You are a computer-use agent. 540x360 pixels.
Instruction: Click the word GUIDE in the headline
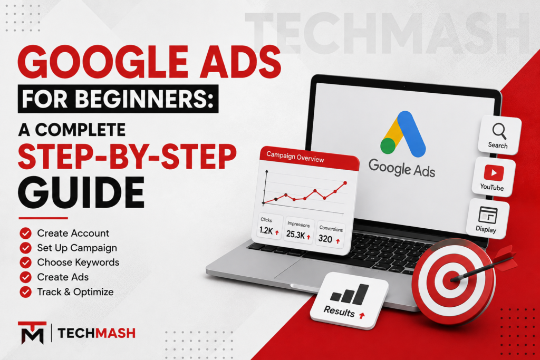81,193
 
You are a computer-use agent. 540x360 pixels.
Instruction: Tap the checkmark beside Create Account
25,233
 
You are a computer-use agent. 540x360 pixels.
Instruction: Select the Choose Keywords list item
78,262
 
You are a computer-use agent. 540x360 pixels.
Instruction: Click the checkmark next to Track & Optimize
25,292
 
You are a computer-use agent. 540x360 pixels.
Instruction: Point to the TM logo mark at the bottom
32,333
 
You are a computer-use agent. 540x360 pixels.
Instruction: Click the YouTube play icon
494,173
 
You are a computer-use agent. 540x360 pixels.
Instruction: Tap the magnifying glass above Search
499,131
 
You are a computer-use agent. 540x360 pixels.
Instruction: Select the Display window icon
488,215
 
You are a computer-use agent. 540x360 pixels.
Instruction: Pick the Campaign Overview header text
295,157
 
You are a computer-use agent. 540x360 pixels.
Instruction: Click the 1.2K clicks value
266,230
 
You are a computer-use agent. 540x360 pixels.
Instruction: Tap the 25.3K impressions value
295,235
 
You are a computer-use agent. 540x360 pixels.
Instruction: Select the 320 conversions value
325,239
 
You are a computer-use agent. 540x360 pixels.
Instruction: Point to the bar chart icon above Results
349,295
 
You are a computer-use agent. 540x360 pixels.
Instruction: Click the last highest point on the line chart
345,183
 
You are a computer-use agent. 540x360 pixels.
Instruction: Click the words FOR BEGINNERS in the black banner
118,99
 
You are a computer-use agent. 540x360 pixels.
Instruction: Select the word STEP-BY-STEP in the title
127,157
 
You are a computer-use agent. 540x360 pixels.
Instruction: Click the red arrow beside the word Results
362,315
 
